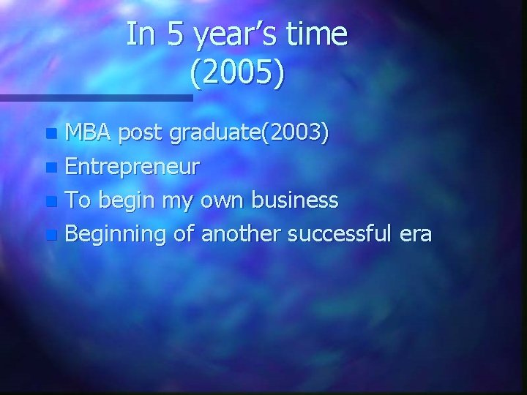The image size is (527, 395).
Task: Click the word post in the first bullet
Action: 142,134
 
